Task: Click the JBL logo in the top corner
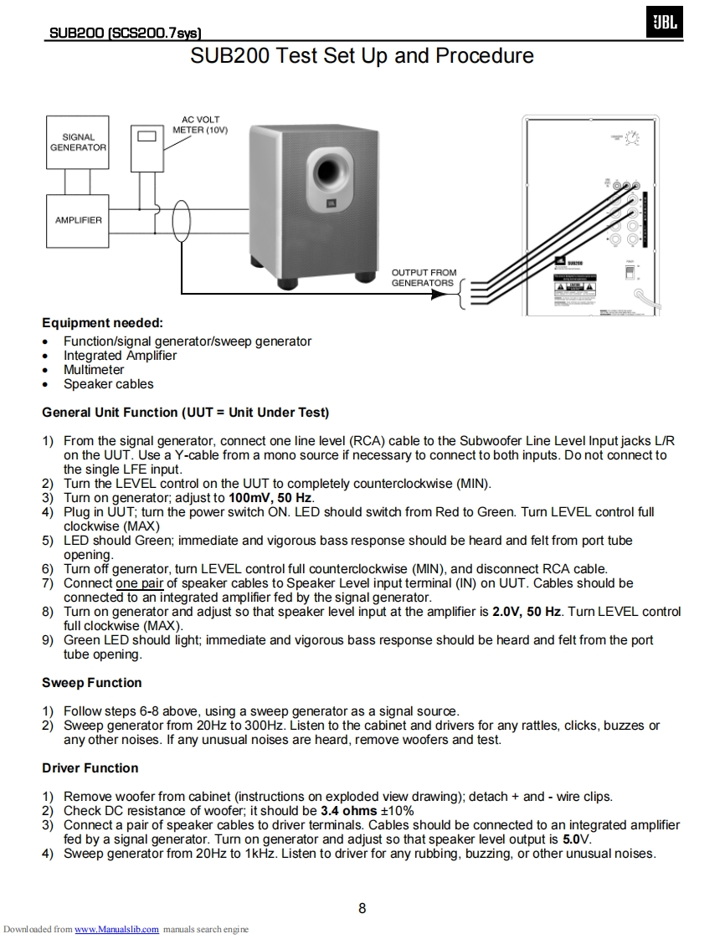pos(665,24)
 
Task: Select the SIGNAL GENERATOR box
pos(78,142)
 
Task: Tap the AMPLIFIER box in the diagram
pos(78,220)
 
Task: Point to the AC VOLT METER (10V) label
pos(200,125)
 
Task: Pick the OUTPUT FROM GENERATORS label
pos(424,278)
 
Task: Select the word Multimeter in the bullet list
pos(94,370)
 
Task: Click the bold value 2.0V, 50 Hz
pos(527,612)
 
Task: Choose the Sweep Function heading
pos(92,683)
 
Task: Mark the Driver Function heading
pos(90,768)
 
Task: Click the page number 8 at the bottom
pos(362,909)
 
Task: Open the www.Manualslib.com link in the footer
pos(116,930)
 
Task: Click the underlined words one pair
pos(139,583)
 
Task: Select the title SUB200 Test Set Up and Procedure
pos(362,56)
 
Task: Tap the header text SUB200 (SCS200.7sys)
pos(125,33)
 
